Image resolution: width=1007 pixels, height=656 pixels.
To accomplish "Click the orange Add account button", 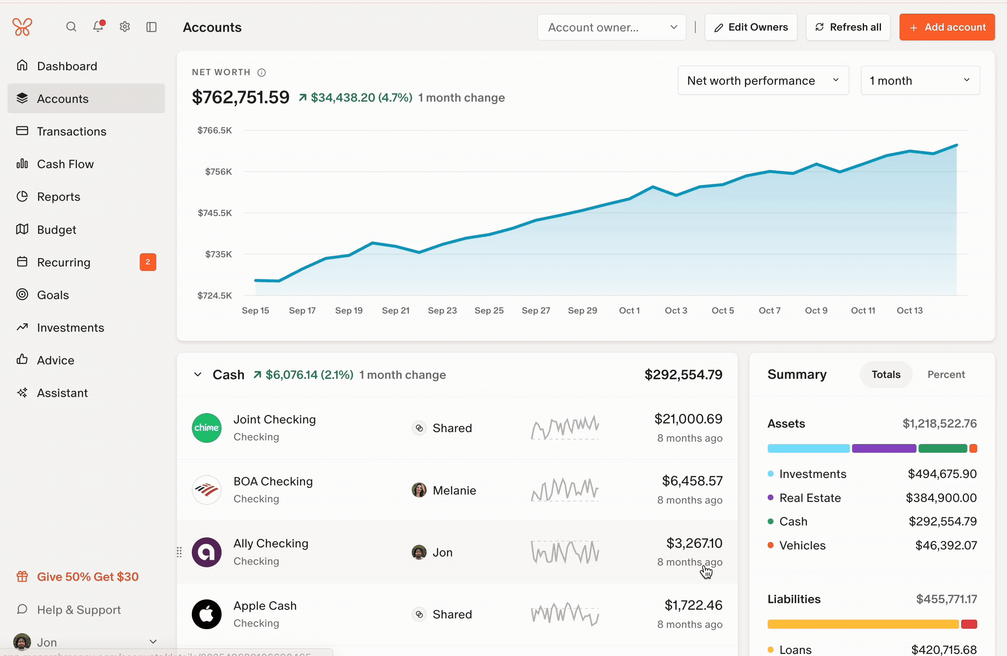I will point(947,27).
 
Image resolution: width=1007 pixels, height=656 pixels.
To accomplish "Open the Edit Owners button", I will point(751,27).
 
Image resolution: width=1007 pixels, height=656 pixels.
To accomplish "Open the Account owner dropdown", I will point(611,27).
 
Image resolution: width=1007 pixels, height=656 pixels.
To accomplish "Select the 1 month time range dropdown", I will point(919,81).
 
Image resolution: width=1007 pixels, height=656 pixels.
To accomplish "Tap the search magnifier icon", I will point(71,27).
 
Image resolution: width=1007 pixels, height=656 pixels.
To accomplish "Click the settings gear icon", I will point(124,27).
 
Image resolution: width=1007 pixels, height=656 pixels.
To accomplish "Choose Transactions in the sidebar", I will point(72,131).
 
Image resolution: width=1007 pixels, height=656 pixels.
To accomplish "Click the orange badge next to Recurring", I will point(148,262).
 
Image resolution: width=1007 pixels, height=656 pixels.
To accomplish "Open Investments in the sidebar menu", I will point(70,327).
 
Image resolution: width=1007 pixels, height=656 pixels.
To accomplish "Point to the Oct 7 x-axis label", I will point(769,311).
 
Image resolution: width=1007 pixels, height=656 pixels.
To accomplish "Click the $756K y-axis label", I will point(218,171).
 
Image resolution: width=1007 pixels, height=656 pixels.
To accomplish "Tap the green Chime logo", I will point(206,428).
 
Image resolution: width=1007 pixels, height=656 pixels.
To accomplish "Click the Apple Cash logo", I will point(206,614).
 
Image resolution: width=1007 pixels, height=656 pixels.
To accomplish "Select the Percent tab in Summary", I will point(946,374).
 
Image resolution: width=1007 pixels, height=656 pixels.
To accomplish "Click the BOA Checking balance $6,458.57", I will point(692,481).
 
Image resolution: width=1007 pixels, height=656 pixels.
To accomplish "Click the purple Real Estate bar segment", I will point(883,448).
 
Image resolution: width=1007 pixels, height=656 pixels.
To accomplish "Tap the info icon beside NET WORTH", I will point(262,72).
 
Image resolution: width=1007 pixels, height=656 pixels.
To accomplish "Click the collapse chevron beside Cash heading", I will point(198,374).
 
